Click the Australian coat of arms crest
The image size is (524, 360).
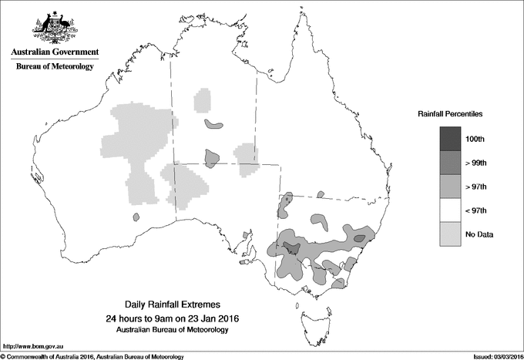[54, 27]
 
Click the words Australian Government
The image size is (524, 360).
[54, 52]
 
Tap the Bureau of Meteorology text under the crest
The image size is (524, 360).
[54, 67]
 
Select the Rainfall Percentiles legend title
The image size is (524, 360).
[450, 113]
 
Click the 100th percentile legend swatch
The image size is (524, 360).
[451, 139]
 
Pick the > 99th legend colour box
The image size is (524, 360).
[451, 163]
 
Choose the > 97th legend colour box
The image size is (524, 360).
[451, 187]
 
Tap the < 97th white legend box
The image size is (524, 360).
[451, 210]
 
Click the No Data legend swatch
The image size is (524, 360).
[451, 234]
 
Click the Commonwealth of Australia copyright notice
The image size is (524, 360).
[92, 355]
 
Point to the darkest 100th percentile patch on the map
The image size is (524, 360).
[291, 247]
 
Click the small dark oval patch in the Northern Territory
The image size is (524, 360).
[213, 124]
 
